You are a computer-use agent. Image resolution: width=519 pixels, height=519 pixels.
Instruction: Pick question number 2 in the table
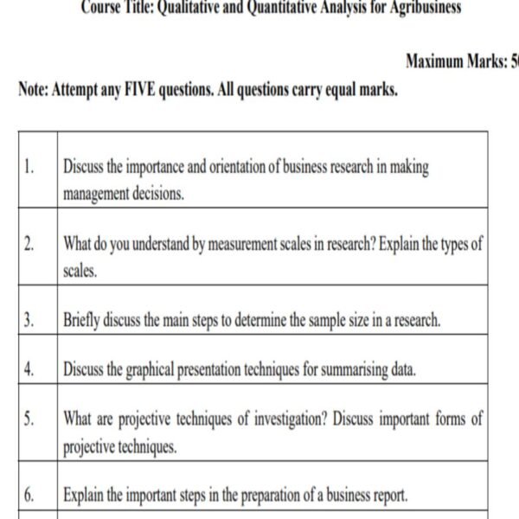pyautogui.click(x=29, y=244)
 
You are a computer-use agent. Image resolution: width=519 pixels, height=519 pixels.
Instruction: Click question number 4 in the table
pyautogui.click(x=29, y=370)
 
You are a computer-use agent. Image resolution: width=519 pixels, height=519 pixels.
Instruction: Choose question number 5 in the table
pyautogui.click(x=29, y=420)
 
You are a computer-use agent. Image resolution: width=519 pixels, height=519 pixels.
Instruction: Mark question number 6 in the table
pyautogui.click(x=29, y=496)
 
